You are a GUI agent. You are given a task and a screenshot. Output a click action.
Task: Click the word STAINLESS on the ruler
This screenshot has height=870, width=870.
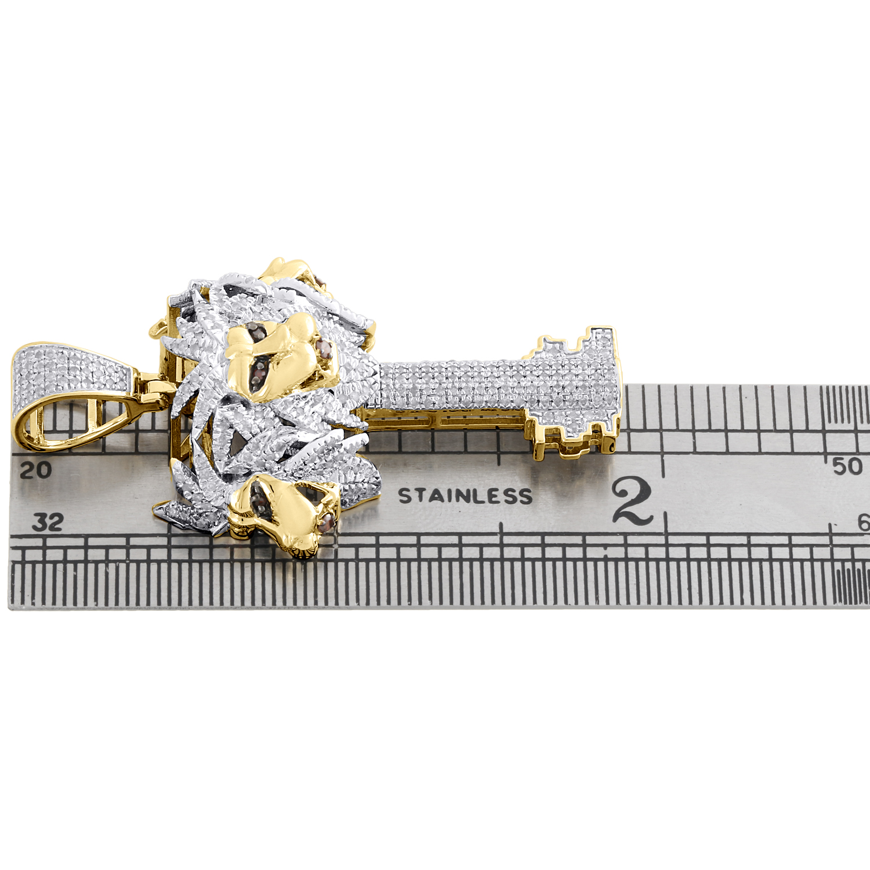[465, 496]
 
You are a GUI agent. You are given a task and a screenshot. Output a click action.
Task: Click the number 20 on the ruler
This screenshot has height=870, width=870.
[35, 470]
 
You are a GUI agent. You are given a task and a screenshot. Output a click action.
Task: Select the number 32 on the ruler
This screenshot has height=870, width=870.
[48, 522]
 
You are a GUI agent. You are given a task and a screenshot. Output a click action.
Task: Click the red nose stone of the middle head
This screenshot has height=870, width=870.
[324, 350]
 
